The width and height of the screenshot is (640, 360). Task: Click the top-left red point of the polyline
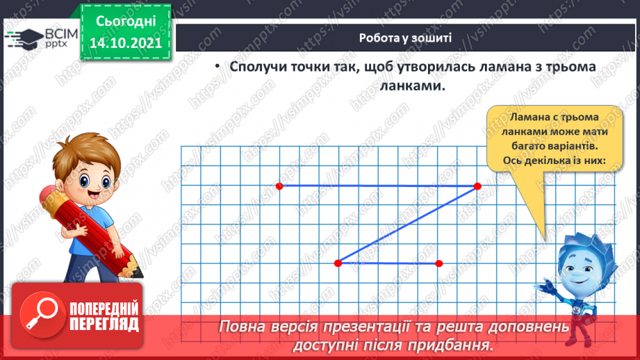[x=279, y=186]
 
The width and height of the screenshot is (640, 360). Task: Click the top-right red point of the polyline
[x=477, y=186]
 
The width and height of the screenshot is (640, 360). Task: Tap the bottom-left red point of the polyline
[x=338, y=263]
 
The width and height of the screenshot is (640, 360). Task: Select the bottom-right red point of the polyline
[x=438, y=263]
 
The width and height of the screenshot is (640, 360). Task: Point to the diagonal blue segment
[x=407, y=224]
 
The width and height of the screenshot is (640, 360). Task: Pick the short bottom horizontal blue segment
[x=388, y=263]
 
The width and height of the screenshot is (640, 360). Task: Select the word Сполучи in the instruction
[x=260, y=67]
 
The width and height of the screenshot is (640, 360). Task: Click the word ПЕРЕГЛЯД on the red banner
[x=104, y=325]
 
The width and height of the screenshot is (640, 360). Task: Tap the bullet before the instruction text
[x=217, y=66]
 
